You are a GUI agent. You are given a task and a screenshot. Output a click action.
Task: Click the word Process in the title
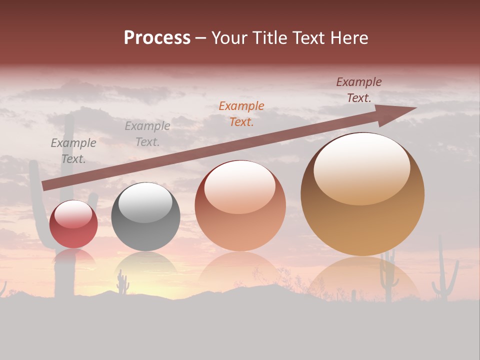157,38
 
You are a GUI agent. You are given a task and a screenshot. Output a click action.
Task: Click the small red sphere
73,224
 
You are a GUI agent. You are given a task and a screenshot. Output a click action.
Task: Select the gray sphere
145,217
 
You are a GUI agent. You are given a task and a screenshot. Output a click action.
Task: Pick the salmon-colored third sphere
240,206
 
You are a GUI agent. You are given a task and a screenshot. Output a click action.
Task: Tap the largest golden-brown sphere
362,194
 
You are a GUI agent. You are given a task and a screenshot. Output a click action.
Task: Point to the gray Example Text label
73,151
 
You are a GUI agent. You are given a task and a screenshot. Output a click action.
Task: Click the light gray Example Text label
147,134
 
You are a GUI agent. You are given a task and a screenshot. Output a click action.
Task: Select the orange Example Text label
241,113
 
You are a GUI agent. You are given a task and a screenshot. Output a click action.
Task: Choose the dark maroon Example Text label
359,90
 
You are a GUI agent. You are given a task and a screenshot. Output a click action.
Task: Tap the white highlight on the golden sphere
361,168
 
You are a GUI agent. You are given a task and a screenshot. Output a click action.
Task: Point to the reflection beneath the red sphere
73,257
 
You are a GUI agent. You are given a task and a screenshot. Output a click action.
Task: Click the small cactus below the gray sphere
122,283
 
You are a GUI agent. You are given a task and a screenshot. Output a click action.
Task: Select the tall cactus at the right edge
444,272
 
